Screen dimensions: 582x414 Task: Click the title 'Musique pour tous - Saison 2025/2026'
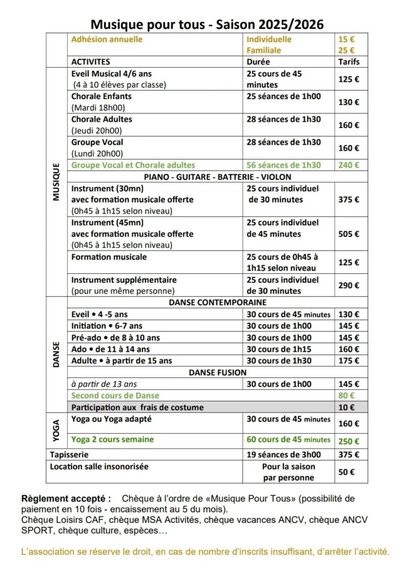pyautogui.click(x=207, y=24)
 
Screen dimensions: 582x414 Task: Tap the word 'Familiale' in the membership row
pyautogui.click(x=264, y=50)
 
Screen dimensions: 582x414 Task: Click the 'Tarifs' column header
pyautogui.click(x=349, y=61)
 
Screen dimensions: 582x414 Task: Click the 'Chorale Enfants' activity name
pyautogui.click(x=101, y=96)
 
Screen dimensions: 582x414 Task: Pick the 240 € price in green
pyautogui.click(x=349, y=165)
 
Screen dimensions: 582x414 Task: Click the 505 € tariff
pyautogui.click(x=349, y=234)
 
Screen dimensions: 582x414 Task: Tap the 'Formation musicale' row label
pyautogui.click(x=108, y=257)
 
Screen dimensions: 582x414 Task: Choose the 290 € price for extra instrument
pyautogui.click(x=349, y=285)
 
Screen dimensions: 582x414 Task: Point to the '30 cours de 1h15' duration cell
pyautogui.click(x=279, y=349)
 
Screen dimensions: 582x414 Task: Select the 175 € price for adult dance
pyautogui.click(x=349, y=360)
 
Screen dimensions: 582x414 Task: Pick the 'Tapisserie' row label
pyautogui.click(x=69, y=455)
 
